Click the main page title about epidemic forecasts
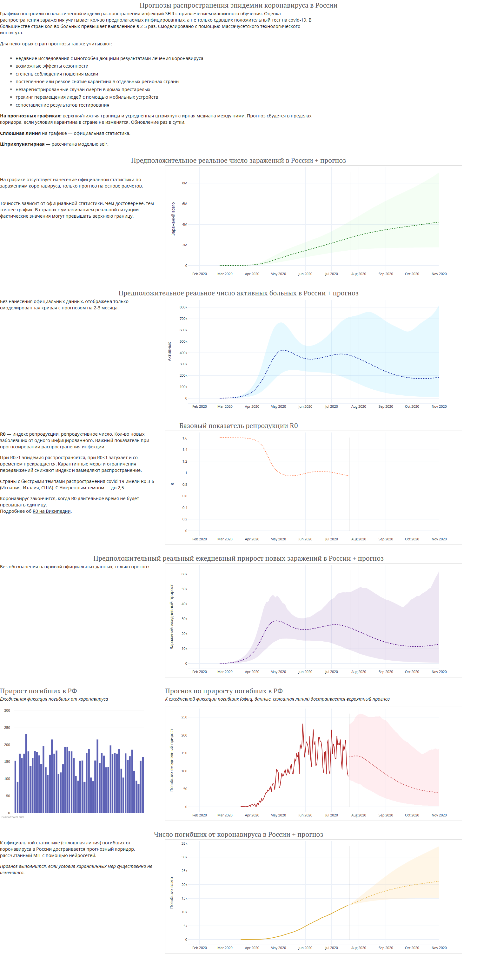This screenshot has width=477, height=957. click(x=239, y=5)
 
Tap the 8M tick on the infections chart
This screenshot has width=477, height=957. click(x=185, y=183)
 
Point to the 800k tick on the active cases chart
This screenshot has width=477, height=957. click(x=183, y=307)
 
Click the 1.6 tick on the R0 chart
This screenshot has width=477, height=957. click(x=185, y=439)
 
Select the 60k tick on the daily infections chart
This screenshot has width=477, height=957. click(x=184, y=574)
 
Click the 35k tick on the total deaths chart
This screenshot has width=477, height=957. click(x=184, y=843)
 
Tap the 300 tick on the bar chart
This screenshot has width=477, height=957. click(x=7, y=710)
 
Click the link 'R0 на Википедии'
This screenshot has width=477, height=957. click(x=52, y=511)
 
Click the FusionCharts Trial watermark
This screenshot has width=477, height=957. click(x=13, y=817)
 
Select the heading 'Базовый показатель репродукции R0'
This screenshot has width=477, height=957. click(x=239, y=426)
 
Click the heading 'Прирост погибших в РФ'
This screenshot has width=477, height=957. click(x=38, y=691)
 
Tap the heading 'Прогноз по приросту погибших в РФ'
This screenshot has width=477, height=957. click(x=224, y=691)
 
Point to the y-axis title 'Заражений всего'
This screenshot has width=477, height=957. click(x=173, y=219)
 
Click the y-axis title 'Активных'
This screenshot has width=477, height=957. click(x=169, y=352)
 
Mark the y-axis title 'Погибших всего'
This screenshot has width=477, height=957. click(x=172, y=893)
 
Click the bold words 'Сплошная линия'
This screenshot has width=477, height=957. click(x=20, y=133)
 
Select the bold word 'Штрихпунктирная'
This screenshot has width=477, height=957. click(x=22, y=144)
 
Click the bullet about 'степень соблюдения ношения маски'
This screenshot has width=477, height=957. click(x=57, y=74)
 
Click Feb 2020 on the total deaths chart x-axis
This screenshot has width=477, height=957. click(x=200, y=948)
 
